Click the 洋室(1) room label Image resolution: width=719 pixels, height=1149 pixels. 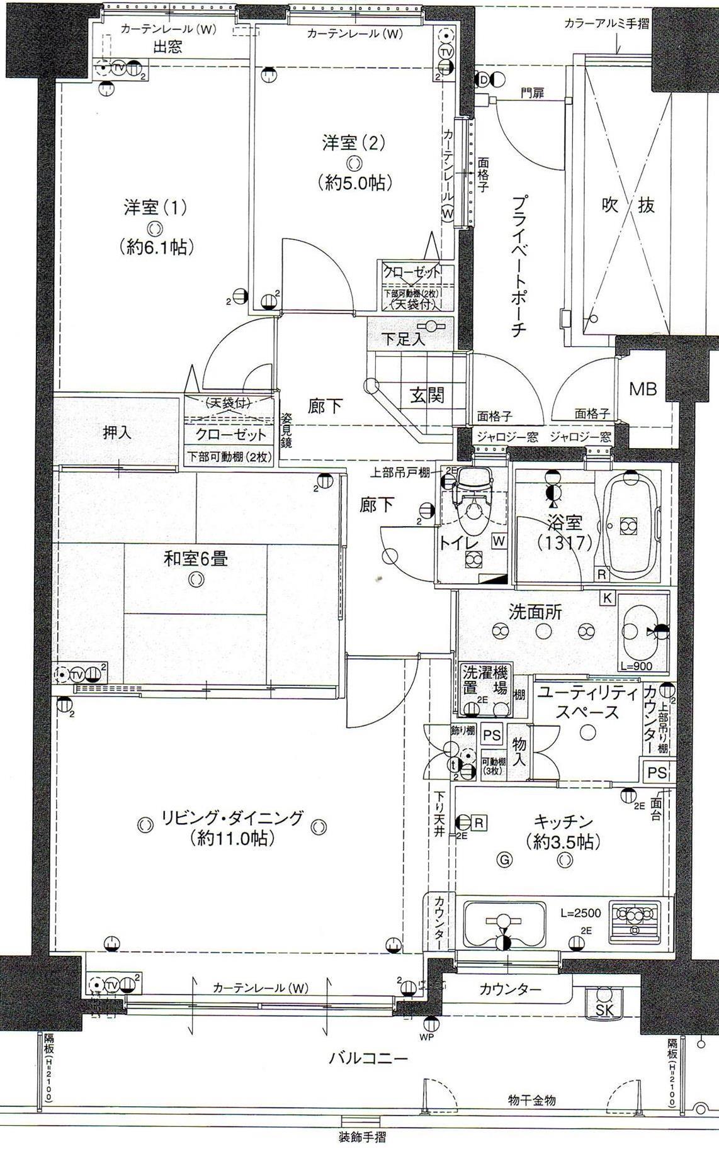click(155, 208)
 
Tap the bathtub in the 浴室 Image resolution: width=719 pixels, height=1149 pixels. click(629, 524)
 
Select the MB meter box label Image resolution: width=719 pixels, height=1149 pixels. click(643, 389)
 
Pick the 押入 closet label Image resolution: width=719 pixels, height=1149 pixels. click(118, 433)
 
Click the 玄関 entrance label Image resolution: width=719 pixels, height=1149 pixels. click(427, 395)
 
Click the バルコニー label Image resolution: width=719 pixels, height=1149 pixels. click(368, 1058)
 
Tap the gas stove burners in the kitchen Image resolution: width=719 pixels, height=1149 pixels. click(635, 924)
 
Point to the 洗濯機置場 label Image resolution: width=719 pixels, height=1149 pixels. click(484, 680)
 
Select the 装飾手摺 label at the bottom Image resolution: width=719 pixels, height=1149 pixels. click(361, 1137)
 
